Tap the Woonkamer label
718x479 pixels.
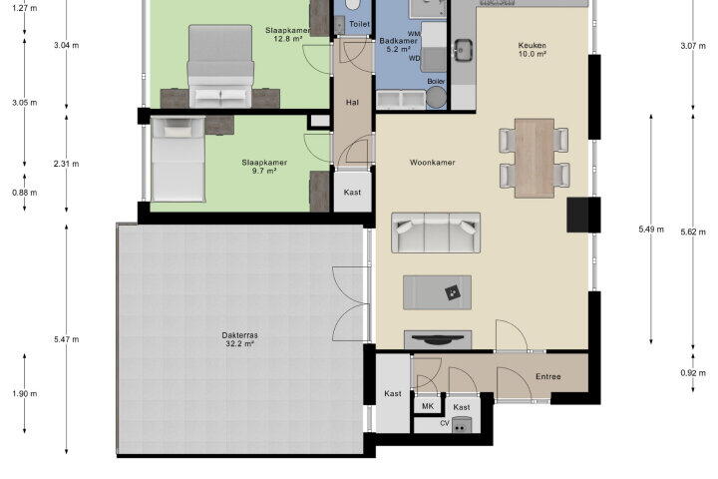click(432, 163)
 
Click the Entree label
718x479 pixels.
click(548, 376)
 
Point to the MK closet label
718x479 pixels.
click(428, 406)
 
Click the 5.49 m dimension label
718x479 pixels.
click(651, 229)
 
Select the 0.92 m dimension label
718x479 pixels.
click(693, 373)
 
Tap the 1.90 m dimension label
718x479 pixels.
click(25, 394)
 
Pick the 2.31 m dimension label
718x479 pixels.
click(67, 164)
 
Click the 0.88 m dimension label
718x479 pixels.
click(25, 193)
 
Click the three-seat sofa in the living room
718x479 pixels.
click(436, 233)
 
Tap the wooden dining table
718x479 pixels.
click(535, 158)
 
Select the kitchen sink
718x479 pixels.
click(464, 50)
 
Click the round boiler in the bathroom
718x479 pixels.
click(436, 97)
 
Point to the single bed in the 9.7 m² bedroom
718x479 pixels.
click(178, 159)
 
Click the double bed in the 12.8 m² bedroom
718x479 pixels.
click(220, 67)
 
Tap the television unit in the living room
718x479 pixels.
click(438, 339)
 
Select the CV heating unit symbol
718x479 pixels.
click(461, 425)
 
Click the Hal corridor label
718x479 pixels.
click(352, 103)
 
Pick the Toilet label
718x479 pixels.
click(359, 24)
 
